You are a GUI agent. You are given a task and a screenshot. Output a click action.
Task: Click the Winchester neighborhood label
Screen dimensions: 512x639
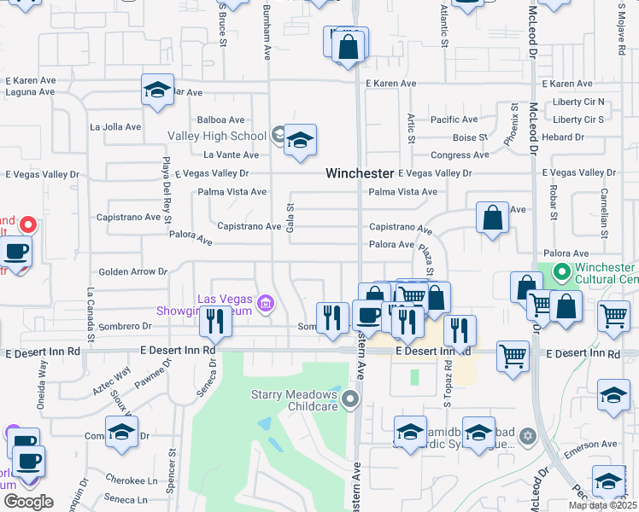coord(359,173)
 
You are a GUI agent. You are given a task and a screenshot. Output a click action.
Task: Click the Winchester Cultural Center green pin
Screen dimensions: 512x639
coord(561,273)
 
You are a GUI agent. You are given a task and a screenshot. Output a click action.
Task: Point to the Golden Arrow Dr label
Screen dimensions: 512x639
coord(132,271)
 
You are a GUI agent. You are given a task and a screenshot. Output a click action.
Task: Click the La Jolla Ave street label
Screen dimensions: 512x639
coord(114,126)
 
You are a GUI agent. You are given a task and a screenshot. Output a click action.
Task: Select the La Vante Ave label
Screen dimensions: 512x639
coord(231,154)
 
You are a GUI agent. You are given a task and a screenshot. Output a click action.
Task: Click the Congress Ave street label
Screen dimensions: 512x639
coord(460,155)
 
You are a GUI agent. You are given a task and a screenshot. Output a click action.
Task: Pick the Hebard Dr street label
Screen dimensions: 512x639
coord(562,137)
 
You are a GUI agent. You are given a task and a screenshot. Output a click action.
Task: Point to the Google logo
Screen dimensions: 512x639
coord(28,502)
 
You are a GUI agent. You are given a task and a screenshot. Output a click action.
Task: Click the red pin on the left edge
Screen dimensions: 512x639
coord(27,225)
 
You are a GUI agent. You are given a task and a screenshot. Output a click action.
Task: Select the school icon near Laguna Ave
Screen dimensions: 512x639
coord(158,90)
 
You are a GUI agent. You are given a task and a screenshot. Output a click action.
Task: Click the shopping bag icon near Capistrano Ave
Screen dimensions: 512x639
coord(493,218)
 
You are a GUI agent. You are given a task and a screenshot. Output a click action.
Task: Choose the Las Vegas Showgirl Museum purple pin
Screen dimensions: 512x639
coord(265,303)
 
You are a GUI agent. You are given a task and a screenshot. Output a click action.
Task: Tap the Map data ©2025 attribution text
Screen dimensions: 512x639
coord(602,505)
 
